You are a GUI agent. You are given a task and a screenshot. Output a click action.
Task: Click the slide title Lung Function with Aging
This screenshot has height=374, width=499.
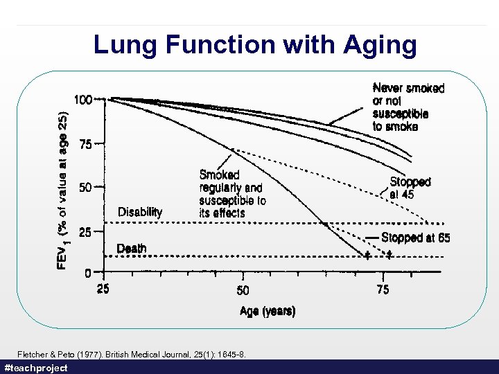tap(255, 45)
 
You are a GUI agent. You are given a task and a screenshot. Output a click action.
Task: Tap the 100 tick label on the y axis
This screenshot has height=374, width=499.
tap(83, 100)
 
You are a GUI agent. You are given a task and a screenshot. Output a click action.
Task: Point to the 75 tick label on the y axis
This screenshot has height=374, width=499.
tap(86, 145)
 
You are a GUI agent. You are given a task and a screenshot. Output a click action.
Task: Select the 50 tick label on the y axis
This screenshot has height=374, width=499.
tap(86, 188)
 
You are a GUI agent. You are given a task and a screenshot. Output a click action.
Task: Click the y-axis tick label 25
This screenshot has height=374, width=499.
tap(86, 233)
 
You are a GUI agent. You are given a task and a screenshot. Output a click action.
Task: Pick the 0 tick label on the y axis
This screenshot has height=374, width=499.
tap(88, 273)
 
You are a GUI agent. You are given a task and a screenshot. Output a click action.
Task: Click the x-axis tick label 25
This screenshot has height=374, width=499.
tap(103, 290)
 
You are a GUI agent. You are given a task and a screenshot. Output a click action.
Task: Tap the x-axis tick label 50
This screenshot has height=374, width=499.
tap(243, 290)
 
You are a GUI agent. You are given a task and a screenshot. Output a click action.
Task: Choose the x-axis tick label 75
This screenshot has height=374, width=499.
tap(383, 290)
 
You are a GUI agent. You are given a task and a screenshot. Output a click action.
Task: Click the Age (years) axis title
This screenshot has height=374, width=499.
tap(268, 312)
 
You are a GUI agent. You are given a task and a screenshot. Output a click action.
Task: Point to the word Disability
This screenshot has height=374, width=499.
tap(140, 212)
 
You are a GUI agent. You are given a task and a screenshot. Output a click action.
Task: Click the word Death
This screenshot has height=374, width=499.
tap(132, 248)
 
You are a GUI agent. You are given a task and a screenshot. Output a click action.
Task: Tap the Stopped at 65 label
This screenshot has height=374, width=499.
tap(416, 238)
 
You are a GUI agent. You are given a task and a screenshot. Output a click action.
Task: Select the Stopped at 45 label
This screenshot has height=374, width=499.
tap(410, 188)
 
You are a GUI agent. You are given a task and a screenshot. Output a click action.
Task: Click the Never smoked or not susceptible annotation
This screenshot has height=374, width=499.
tap(408, 107)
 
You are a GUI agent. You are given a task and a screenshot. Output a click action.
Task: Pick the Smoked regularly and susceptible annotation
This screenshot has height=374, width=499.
tap(232, 194)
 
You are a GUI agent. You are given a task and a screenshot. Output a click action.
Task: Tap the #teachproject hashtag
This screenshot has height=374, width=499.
tap(36, 368)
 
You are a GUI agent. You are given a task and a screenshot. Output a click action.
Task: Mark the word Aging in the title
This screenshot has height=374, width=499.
tap(380, 45)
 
